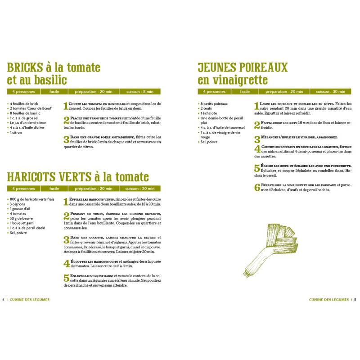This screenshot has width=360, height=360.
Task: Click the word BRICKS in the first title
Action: point(25,68)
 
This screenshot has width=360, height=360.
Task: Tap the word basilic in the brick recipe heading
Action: point(50,81)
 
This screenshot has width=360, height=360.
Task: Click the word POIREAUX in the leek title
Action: point(263,68)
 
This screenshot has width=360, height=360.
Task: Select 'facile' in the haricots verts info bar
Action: point(54,189)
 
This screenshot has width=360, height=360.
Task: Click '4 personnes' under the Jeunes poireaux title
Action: point(214,92)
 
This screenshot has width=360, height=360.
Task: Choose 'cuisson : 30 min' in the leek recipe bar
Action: point(330,92)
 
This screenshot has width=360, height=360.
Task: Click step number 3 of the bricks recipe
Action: point(66,139)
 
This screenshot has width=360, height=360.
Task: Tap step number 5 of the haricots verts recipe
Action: point(66,278)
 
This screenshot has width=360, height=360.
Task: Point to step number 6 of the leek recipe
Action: point(257,187)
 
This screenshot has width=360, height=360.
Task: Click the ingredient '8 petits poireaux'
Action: point(214,104)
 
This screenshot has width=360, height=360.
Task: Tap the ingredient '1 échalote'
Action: point(210,113)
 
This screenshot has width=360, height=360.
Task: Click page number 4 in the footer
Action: point(4,300)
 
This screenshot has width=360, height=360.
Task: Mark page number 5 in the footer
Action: point(355,300)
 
